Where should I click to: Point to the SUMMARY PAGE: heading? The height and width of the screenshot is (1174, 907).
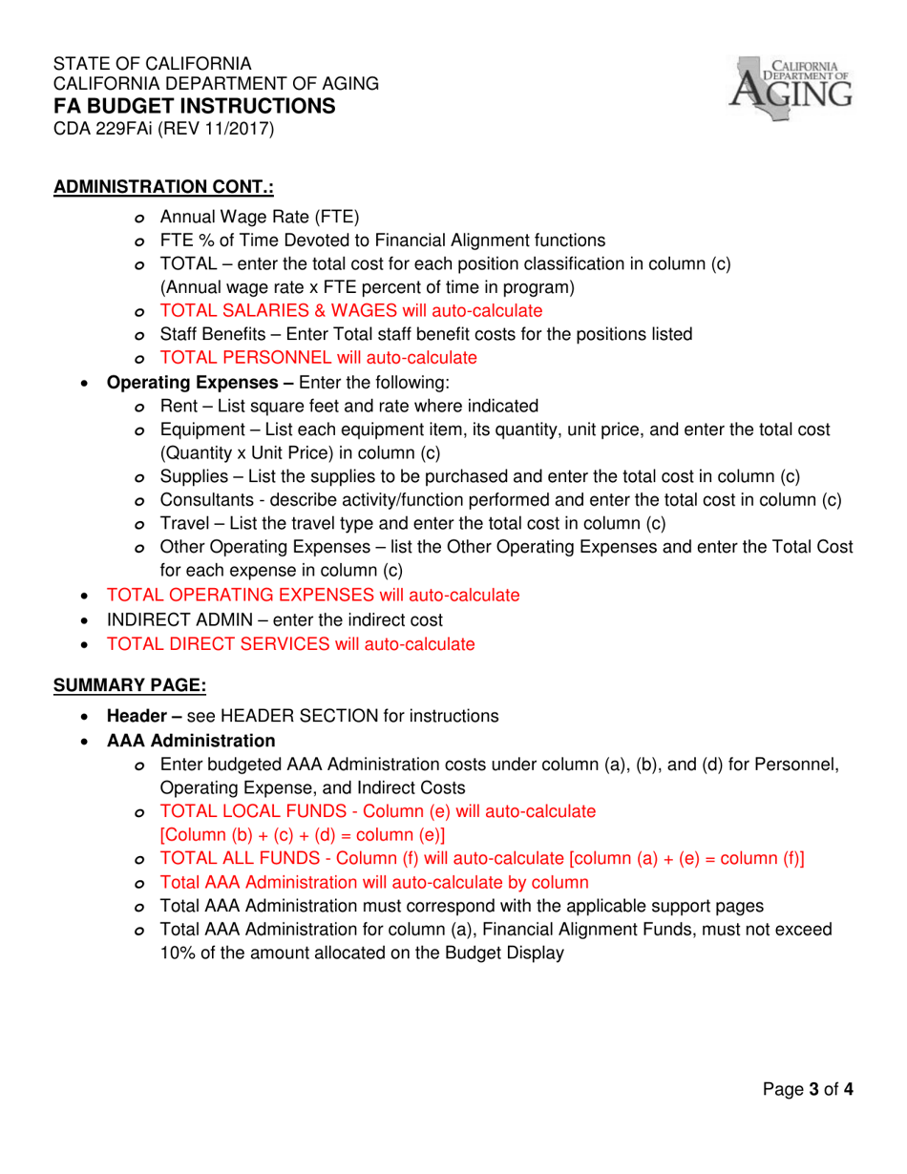click(129, 684)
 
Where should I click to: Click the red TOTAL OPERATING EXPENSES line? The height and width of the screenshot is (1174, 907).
click(313, 595)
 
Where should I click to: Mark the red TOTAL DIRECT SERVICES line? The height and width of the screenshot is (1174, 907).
click(290, 644)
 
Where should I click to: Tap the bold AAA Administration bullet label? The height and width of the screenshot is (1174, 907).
click(191, 741)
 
